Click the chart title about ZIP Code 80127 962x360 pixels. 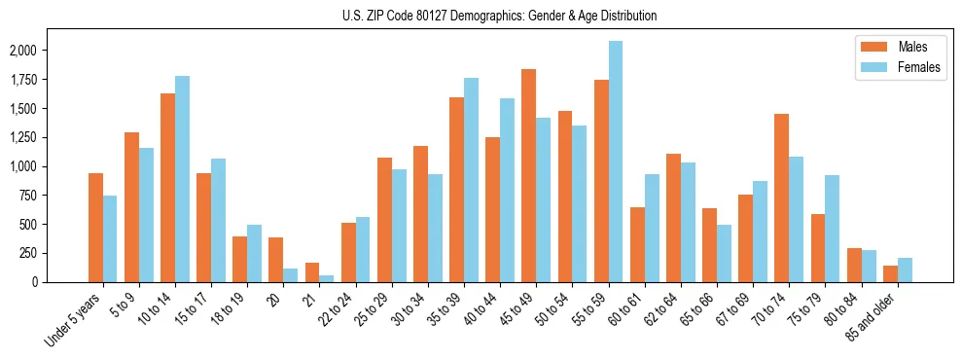point(500,16)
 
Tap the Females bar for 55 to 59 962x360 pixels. point(616,162)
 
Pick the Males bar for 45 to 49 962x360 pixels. point(529,176)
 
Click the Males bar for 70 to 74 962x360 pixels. point(781,198)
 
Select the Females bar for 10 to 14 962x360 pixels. point(183,179)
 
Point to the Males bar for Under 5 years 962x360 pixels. point(95,228)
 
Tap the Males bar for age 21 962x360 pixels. point(312,272)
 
